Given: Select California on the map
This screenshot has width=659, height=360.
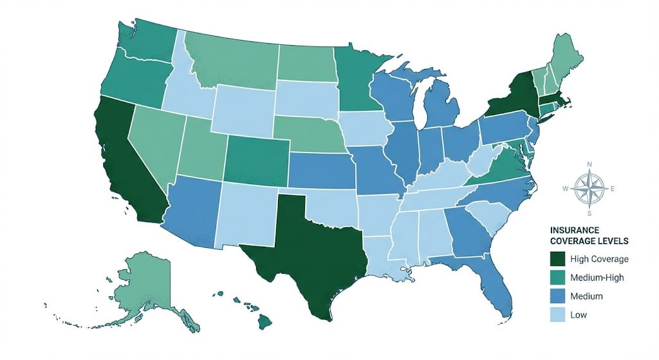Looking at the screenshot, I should pyautogui.click(x=129, y=161).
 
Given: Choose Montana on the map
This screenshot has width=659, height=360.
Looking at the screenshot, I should pyautogui.click(x=232, y=61).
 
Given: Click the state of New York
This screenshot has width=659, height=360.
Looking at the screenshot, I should pyautogui.click(x=515, y=97).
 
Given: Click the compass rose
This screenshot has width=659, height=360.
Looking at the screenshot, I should pyautogui.click(x=589, y=187).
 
